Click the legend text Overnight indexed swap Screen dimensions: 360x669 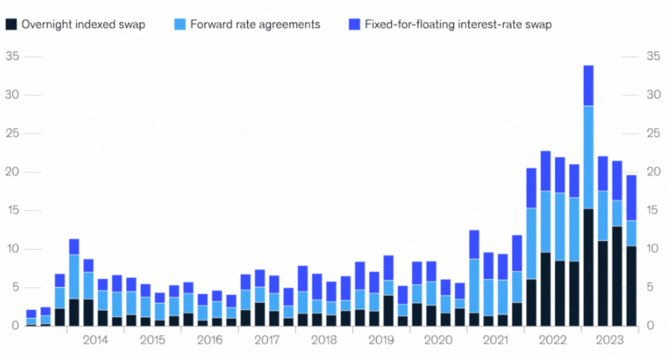83,24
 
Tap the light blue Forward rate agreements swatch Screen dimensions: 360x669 180,24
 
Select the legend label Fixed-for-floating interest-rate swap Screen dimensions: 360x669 458,24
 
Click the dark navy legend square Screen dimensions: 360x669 11,24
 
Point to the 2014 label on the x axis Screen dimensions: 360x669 96,340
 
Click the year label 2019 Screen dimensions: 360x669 381,340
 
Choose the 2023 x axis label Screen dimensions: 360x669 610,340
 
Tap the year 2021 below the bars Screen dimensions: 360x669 496,340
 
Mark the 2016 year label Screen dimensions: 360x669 210,340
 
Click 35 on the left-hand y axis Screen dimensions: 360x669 12,57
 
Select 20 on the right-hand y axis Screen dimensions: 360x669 653,172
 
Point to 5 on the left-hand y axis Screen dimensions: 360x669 15,288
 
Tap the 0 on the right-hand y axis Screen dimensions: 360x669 650,326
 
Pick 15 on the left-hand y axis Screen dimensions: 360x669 12,211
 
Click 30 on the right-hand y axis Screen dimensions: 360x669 653,95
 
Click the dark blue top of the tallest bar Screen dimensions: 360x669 588,85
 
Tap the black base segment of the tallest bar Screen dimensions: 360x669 588,267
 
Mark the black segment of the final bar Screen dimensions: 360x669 631,286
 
